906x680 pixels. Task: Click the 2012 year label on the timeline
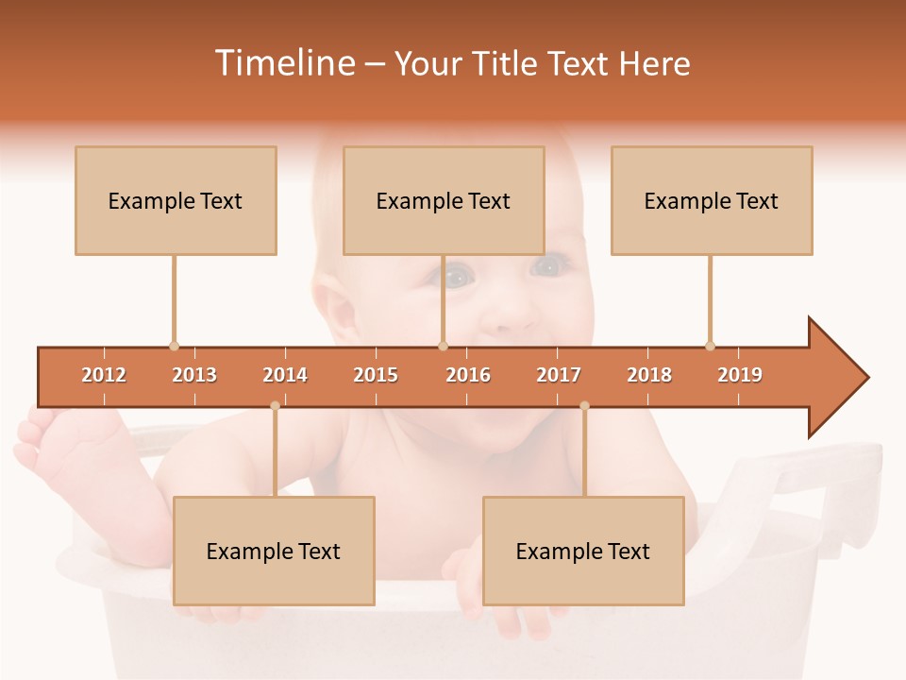point(104,375)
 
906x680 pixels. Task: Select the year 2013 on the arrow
point(194,375)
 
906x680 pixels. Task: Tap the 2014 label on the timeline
point(285,375)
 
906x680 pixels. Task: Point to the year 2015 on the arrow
point(376,375)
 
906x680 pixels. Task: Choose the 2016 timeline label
point(468,375)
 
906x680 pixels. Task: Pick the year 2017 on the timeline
point(559,375)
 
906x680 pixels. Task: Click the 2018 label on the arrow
point(649,375)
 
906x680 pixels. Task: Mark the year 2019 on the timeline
point(740,375)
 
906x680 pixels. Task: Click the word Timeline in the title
point(283,63)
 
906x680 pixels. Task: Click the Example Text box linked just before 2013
point(176,200)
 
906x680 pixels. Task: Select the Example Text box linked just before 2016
point(444,200)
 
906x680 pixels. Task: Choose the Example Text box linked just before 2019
point(712,200)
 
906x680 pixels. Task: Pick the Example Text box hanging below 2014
point(274,551)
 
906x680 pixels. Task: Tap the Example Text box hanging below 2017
point(583,551)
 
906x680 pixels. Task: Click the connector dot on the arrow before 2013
point(174,346)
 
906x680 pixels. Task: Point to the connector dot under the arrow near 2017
point(584,406)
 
